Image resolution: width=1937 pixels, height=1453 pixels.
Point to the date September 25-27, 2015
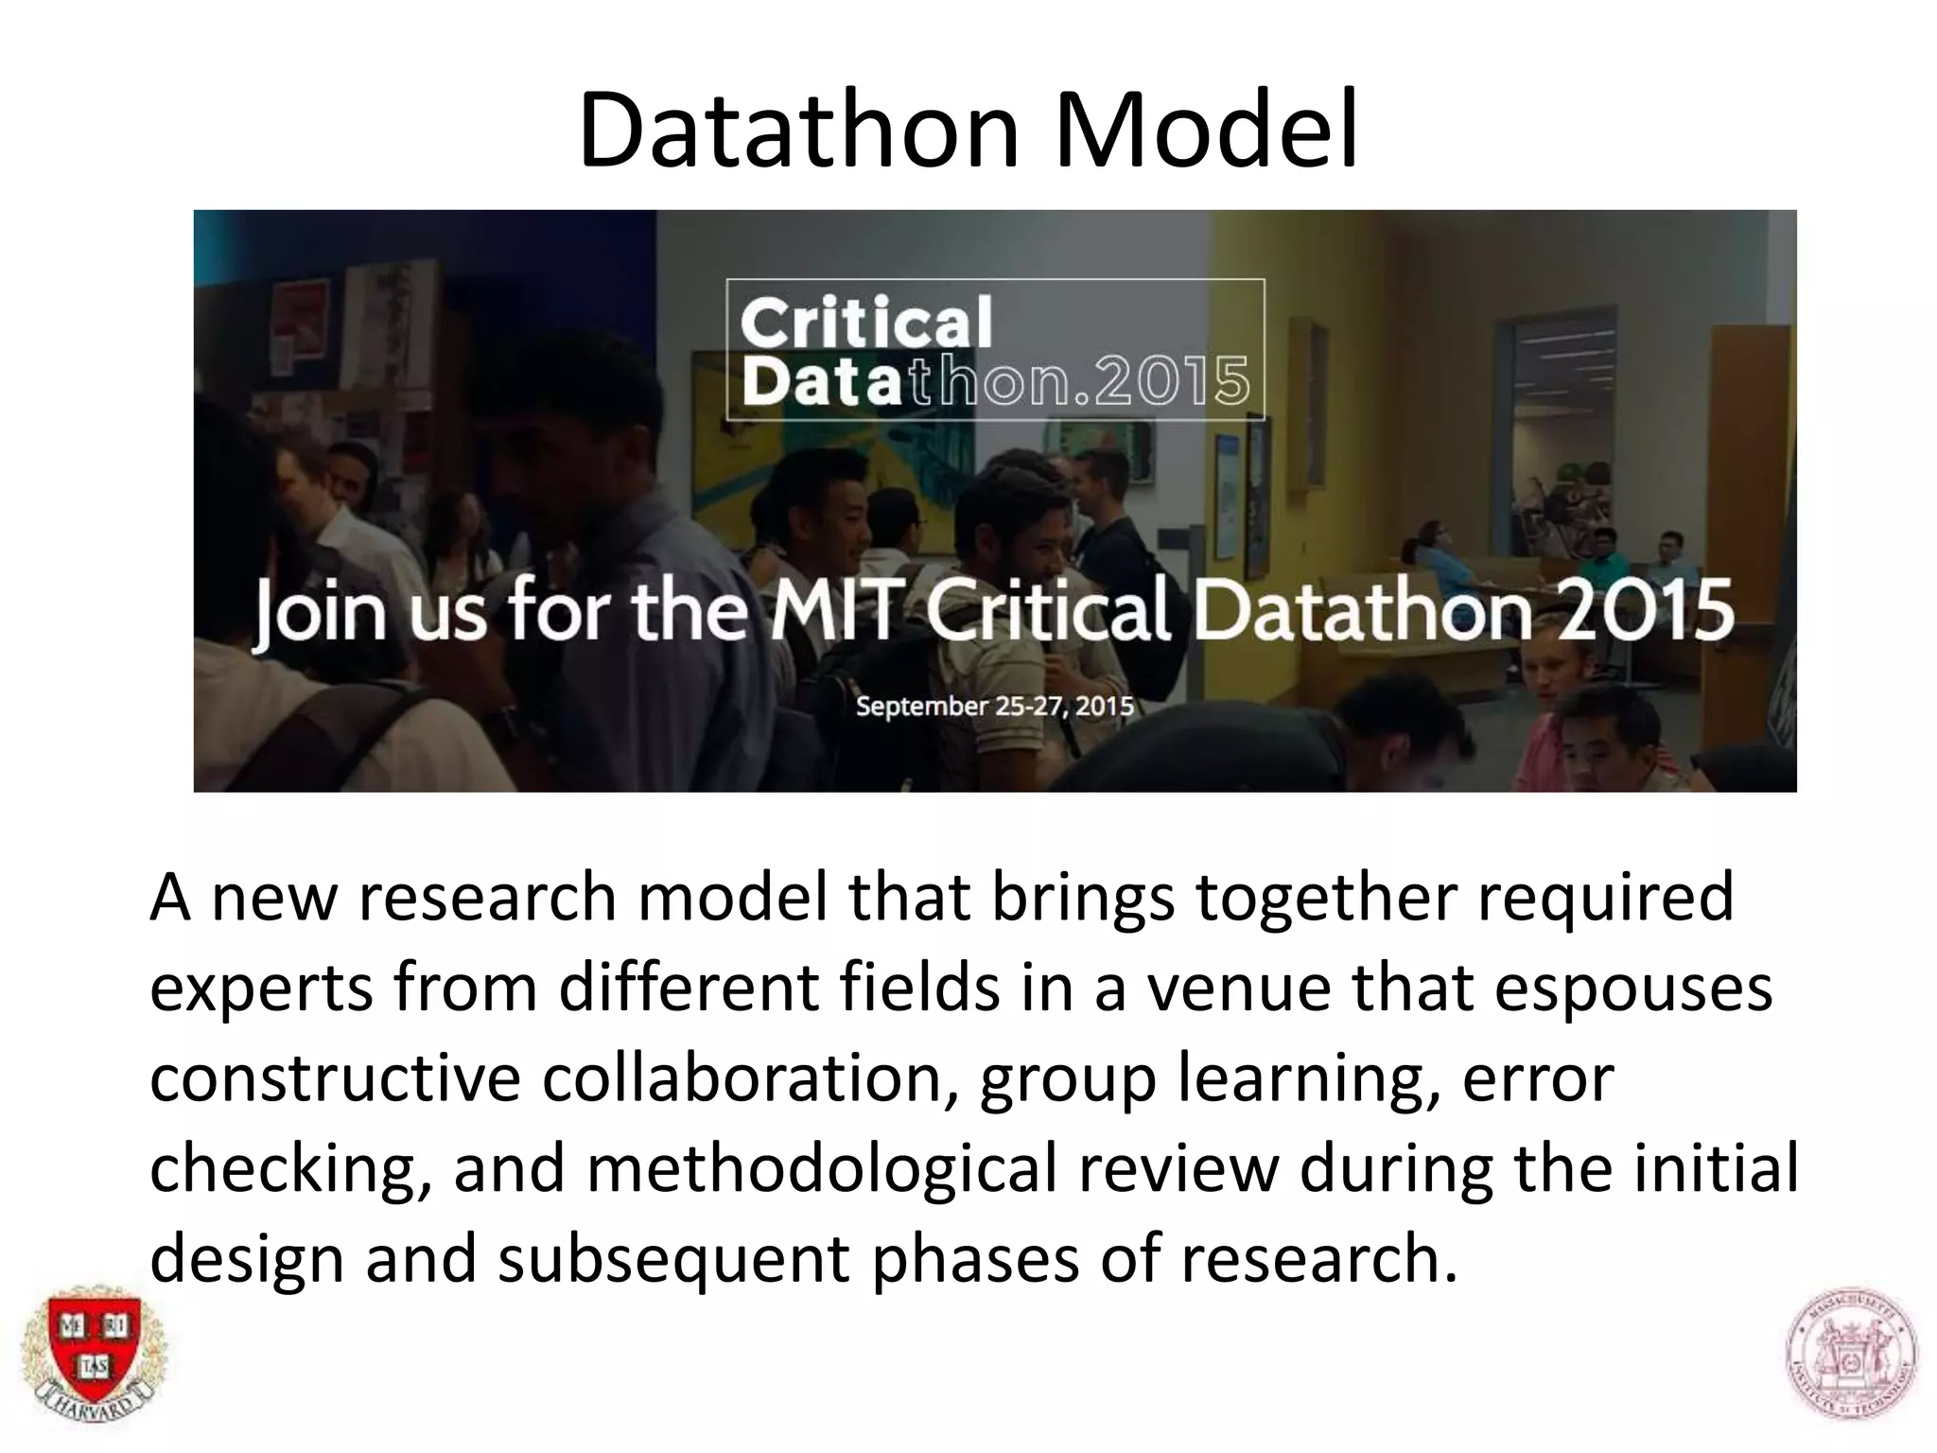coord(994,706)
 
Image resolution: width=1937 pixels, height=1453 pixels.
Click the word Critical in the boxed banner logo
coord(865,324)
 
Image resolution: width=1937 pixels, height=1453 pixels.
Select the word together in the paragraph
coord(1325,899)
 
